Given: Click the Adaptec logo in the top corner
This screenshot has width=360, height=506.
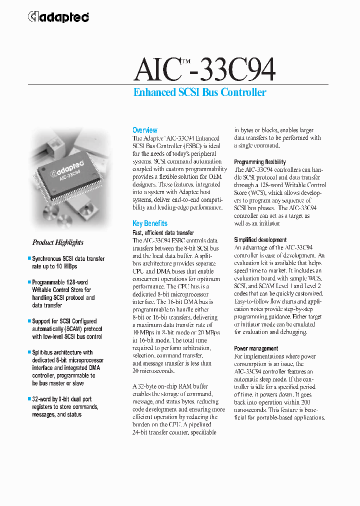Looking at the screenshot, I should tap(58, 17).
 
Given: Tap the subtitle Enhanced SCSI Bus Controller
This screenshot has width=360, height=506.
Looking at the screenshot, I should tap(199, 92).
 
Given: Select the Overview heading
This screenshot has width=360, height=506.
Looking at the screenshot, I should tap(144, 130).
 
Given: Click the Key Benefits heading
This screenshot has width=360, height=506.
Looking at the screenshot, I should tap(149, 223).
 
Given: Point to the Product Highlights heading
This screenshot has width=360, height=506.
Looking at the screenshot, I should tap(58, 242).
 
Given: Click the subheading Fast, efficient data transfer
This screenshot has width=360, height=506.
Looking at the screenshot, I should tap(163, 232).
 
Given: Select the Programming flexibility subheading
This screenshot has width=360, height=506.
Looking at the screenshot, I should tap(260, 162).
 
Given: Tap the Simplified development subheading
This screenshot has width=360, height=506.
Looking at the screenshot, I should tap(260, 240).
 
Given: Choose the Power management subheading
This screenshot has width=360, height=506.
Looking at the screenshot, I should tap(256, 348).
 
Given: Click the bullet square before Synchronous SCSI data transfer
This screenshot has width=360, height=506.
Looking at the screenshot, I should tap(29, 259).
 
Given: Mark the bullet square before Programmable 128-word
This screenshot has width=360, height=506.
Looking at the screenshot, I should tap(29, 282).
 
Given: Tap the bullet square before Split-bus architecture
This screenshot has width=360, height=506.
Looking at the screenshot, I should tap(29, 352).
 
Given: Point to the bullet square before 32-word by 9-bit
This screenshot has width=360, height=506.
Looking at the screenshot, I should tap(29, 399).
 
